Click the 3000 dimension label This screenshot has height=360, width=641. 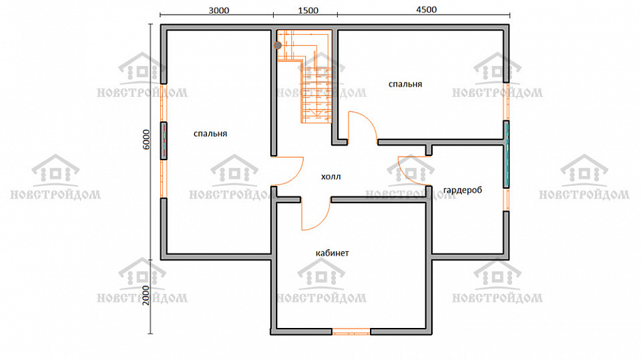(219, 10)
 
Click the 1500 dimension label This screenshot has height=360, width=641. (308, 10)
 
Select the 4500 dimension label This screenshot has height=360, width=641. (426, 9)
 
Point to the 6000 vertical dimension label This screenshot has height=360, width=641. (146, 140)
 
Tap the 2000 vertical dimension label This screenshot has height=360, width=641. (146, 295)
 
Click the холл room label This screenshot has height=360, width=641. (331, 177)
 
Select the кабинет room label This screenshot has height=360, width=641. (332, 253)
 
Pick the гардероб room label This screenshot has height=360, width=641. (463, 190)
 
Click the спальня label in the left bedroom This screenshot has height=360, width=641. (210, 134)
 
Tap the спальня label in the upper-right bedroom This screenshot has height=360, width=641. (405, 84)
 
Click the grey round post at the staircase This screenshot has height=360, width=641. (277, 45)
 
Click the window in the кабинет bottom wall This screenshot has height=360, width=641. (351, 331)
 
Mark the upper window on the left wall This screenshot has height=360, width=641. (164, 102)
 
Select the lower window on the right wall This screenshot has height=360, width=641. (506, 199)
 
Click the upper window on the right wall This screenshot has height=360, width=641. (506, 102)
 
